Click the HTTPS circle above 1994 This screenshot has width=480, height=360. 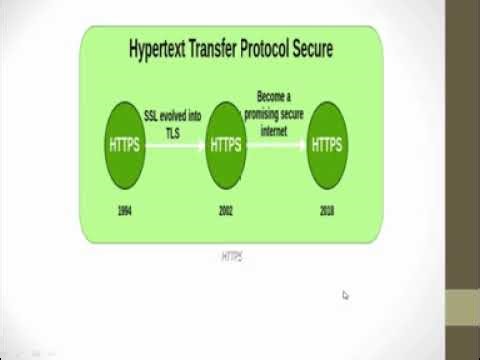[125, 146]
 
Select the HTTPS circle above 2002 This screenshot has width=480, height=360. [225, 146]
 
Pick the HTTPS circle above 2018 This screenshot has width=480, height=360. [327, 146]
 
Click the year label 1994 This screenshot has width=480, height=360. [125, 212]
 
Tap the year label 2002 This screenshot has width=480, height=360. [225, 212]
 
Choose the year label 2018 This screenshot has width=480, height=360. [327, 212]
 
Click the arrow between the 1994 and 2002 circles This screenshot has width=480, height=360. [175, 146]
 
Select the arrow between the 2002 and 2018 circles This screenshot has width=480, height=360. [276, 146]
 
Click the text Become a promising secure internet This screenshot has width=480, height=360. [275, 116]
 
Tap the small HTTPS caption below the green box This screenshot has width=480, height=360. [231, 257]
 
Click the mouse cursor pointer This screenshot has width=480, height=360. [345, 295]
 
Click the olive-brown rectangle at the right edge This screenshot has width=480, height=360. [462, 305]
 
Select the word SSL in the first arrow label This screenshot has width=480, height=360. [152, 115]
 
